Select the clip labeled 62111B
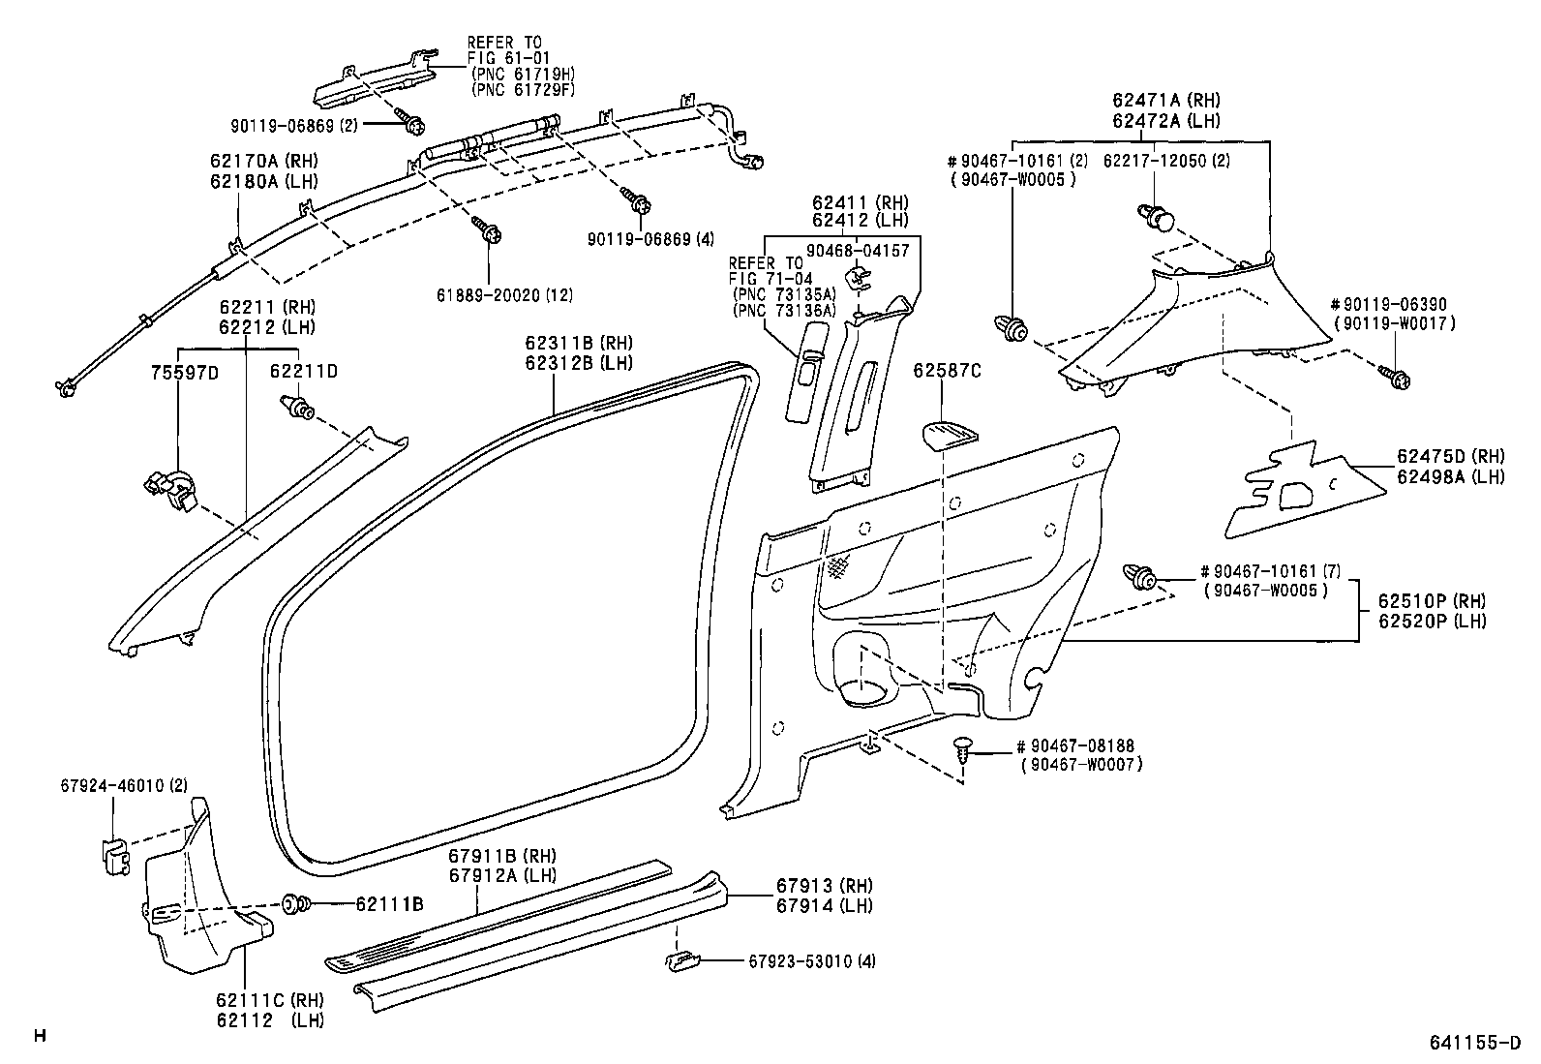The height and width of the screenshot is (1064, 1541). pos(296,904)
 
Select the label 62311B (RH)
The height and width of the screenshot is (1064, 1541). pos(578,343)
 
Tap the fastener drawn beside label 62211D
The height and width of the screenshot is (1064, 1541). pos(296,409)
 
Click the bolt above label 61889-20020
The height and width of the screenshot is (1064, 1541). pos(486,230)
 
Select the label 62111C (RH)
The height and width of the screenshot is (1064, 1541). pos(270,1000)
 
